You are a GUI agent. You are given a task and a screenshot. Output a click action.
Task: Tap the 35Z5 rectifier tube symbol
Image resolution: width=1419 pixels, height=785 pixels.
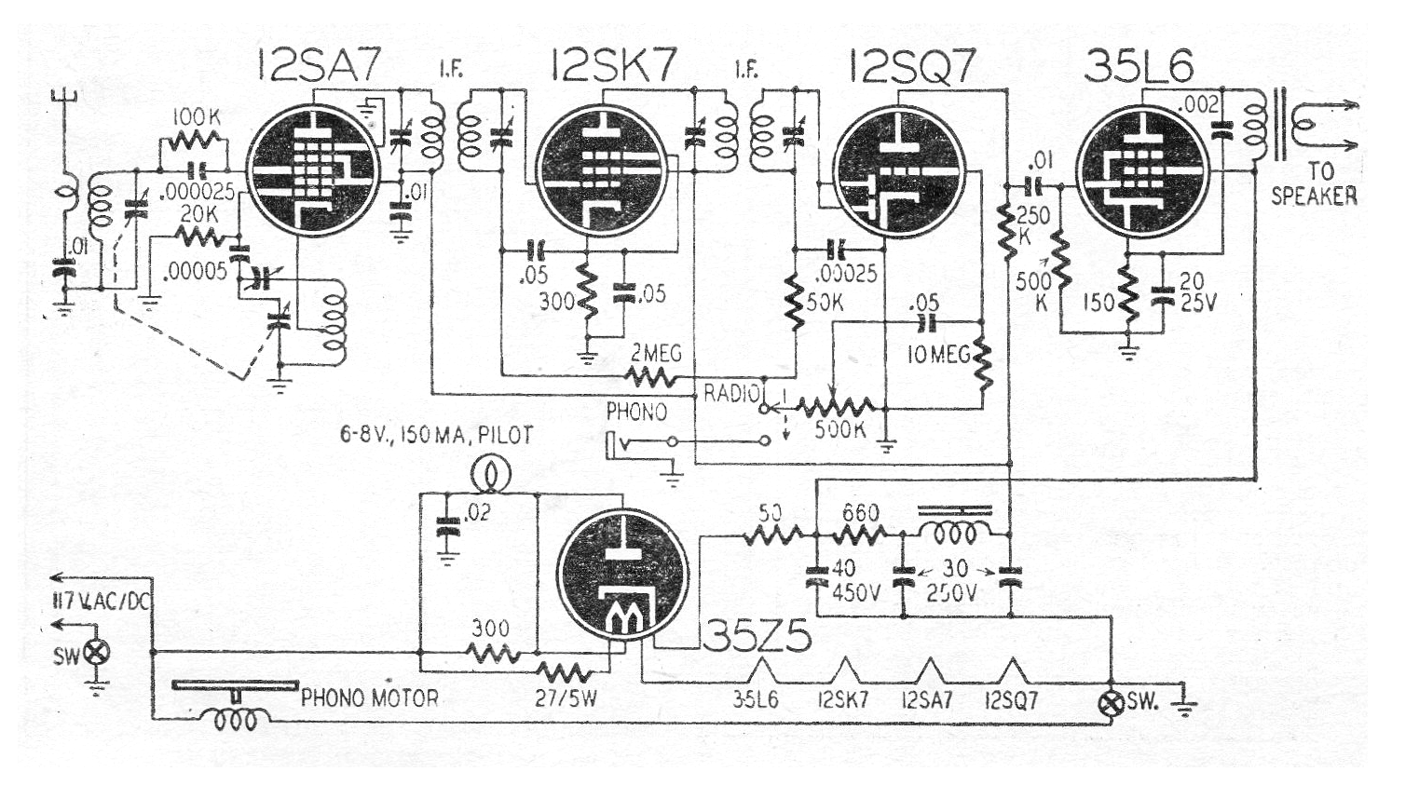click(x=621, y=574)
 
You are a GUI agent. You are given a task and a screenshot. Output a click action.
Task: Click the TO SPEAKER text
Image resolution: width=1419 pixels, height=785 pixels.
click(x=1314, y=184)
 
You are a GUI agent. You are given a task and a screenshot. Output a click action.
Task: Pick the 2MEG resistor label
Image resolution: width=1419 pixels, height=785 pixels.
click(x=656, y=354)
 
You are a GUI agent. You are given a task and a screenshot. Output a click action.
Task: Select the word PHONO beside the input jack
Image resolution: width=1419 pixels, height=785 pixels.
click(x=636, y=411)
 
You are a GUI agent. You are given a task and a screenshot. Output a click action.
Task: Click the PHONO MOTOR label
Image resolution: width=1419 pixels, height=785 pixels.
click(x=369, y=697)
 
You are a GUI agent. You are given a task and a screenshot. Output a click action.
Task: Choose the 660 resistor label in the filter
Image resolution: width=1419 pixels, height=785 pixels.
click(x=859, y=512)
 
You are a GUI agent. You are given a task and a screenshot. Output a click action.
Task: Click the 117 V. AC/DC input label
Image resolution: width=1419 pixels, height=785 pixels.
click(x=101, y=601)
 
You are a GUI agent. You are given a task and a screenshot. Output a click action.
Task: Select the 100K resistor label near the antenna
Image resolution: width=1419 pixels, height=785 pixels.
click(x=196, y=118)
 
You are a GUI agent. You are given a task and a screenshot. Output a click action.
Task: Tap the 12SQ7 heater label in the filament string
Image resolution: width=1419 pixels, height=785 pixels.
click(x=1011, y=700)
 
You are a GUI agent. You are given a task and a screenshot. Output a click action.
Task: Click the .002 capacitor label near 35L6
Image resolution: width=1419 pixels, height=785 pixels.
click(x=1201, y=104)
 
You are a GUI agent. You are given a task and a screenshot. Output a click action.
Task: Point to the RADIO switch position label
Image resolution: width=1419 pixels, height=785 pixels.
click(x=732, y=393)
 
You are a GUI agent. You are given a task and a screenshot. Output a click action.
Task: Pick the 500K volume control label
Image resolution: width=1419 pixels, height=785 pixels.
click(x=840, y=429)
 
